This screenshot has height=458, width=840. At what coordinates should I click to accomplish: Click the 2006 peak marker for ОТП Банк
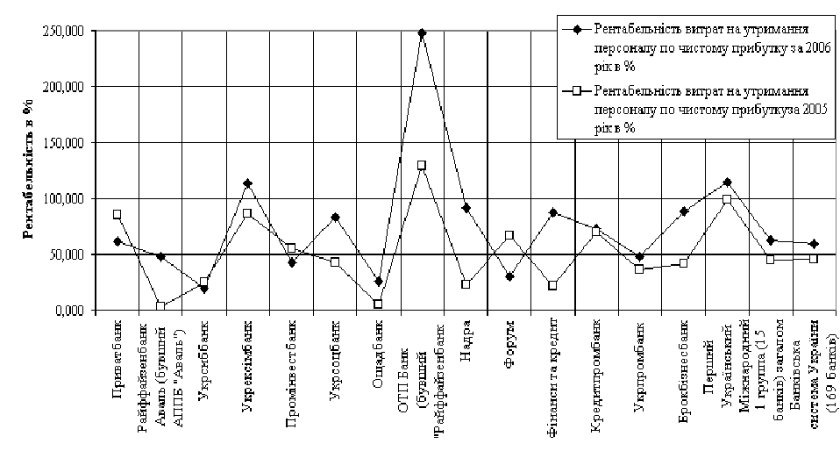(x=422, y=33)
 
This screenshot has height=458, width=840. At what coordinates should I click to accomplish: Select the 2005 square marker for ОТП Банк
(x=422, y=165)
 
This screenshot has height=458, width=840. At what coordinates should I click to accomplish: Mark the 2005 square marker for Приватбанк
(x=117, y=214)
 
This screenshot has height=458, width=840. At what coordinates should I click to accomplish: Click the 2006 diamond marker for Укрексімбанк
(x=248, y=184)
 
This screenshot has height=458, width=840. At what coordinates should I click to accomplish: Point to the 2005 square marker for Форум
(x=509, y=235)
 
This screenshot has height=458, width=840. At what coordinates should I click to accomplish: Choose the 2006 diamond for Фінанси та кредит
(x=552, y=212)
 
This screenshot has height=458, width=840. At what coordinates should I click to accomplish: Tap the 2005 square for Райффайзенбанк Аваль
(x=161, y=305)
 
